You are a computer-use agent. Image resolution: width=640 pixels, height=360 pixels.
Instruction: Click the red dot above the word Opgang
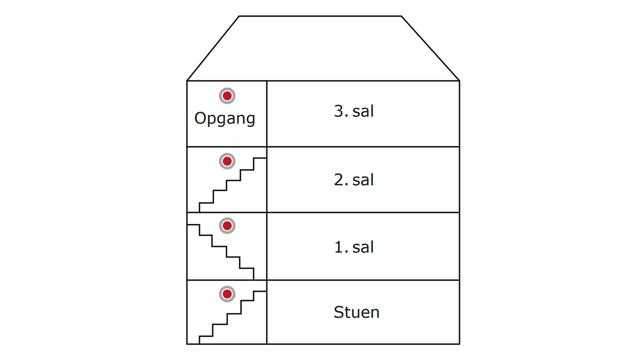(227, 96)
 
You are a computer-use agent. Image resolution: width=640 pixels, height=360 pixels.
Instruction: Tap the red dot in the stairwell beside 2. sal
(227, 161)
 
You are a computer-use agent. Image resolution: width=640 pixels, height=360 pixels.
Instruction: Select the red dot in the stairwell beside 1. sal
(227, 226)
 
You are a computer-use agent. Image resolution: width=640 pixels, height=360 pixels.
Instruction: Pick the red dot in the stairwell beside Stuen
(227, 294)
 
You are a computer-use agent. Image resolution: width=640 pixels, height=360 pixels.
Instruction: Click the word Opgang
(224, 119)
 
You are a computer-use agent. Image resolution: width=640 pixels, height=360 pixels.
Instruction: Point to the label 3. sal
(354, 111)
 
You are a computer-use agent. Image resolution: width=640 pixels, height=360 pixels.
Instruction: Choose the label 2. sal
(354, 180)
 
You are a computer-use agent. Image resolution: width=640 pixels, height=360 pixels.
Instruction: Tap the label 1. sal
(354, 247)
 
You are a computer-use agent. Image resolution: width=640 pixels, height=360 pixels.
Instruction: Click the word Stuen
(357, 312)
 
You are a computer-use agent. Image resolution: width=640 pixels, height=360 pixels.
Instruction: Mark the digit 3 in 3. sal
(339, 111)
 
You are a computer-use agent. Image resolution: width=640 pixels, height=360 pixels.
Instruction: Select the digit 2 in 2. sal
(339, 180)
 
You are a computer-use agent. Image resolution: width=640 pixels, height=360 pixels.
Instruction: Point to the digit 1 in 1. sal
(339, 247)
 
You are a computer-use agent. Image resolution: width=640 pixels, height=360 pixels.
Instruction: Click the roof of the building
(323, 48)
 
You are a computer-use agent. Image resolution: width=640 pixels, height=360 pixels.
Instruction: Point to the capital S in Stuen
(339, 312)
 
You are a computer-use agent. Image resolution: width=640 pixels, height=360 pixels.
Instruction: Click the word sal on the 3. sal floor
(363, 111)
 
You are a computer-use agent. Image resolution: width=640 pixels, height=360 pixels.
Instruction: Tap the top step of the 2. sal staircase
(260, 158)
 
